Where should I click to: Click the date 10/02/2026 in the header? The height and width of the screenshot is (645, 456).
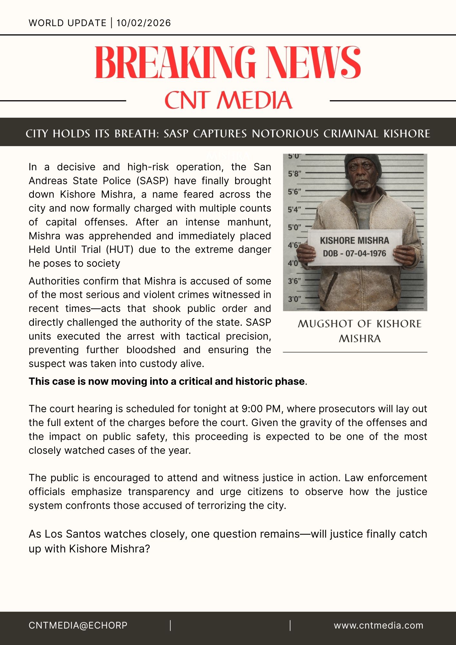(144, 23)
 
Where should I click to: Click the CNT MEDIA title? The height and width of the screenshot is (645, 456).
(228, 100)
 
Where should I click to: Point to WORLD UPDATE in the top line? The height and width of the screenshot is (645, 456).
(67, 23)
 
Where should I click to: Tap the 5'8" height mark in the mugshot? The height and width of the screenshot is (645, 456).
(294, 174)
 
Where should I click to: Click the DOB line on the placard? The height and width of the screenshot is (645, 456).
(354, 253)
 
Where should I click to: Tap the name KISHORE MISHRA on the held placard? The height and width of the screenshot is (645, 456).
(354, 241)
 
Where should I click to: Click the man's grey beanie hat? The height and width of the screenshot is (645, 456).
(363, 163)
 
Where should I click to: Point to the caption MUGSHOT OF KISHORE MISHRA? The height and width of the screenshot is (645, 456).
(360, 331)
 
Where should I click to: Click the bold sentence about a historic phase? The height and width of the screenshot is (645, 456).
(167, 382)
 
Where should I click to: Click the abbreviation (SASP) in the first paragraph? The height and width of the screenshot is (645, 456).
(153, 181)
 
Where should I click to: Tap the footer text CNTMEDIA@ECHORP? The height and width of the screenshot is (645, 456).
(78, 626)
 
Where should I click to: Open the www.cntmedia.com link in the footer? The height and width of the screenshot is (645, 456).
(379, 626)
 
